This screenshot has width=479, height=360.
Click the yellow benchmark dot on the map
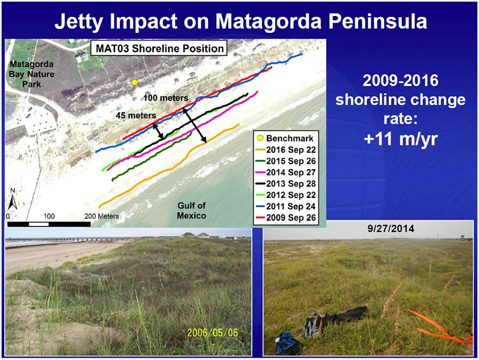pyautogui.click(x=135, y=82)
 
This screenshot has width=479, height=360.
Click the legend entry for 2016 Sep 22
pyautogui.click(x=286, y=150)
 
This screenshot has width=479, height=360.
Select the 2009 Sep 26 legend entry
pyautogui.click(x=286, y=217)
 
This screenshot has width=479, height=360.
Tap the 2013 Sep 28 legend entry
pyautogui.click(x=286, y=184)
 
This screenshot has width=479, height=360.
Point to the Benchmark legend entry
pyautogui.click(x=285, y=138)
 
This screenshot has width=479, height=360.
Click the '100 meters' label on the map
pyautogui.click(x=166, y=98)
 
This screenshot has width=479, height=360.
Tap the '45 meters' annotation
pyautogui.click(x=136, y=115)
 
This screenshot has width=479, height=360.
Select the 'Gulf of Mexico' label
pyautogui.click(x=192, y=211)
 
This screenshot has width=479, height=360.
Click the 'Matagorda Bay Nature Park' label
pyautogui.click(x=31, y=74)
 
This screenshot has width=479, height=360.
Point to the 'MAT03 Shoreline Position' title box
pyautogui.click(x=160, y=48)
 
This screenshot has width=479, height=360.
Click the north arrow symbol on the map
pyautogui.click(x=13, y=199)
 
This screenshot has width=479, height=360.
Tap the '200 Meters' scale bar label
pyautogui.click(x=102, y=216)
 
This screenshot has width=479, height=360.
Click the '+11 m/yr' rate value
pyautogui.click(x=401, y=139)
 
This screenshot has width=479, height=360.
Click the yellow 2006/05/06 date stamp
pyautogui.click(x=212, y=332)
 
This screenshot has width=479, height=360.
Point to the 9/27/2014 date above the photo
pyautogui.click(x=391, y=229)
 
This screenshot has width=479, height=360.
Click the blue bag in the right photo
pyautogui.click(x=288, y=343)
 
